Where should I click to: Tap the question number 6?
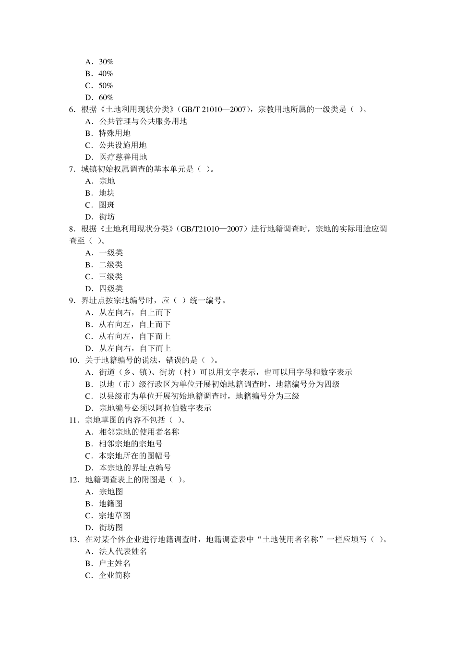click(x=72, y=109)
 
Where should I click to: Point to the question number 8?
click(x=72, y=229)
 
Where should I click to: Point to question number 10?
click(x=74, y=360)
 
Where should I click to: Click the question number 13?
click(x=74, y=539)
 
